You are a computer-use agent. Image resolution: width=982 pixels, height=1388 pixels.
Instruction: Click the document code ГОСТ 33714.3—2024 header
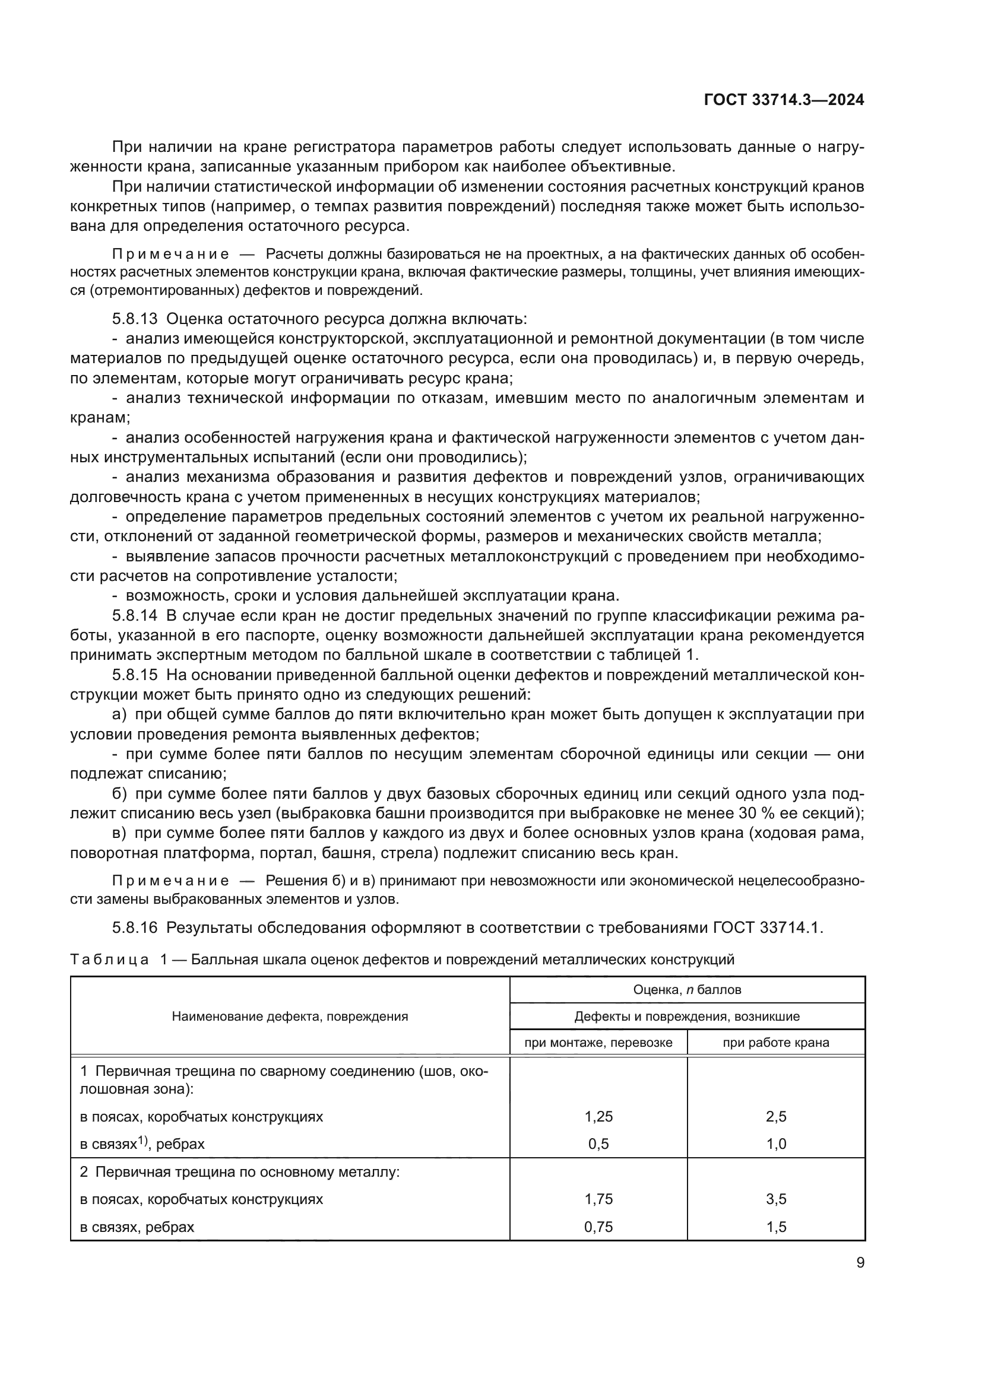pyautogui.click(x=784, y=100)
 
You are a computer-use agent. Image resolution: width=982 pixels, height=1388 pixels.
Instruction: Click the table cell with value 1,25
pyautogui.click(x=598, y=1117)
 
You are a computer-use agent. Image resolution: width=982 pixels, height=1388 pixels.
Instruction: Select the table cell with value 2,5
pyautogui.click(x=776, y=1117)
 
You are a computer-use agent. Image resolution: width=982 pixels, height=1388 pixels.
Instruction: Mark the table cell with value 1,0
pyautogui.click(x=776, y=1144)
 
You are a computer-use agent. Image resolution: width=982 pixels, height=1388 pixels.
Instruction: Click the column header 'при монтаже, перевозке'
pyautogui.click(x=598, y=1043)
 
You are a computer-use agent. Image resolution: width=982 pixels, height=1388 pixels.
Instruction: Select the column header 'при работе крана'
pyautogui.click(x=776, y=1043)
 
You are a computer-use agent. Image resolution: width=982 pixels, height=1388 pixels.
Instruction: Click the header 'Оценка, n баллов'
pyautogui.click(x=687, y=990)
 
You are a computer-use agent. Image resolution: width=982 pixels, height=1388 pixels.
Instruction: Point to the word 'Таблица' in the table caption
pyautogui.click(x=109, y=960)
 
